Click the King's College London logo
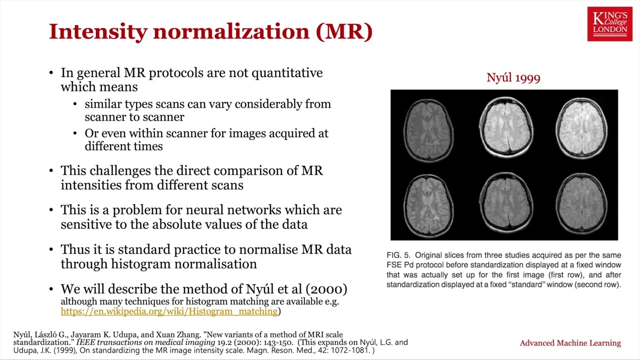(x=609, y=23)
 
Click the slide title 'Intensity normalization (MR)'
(x=210, y=31)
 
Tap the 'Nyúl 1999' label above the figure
(x=513, y=77)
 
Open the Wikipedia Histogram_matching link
(x=169, y=311)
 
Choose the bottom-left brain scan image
(x=428, y=204)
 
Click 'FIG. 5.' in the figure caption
(x=398, y=255)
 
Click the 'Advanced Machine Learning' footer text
(x=570, y=343)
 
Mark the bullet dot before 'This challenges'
(x=51, y=171)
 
